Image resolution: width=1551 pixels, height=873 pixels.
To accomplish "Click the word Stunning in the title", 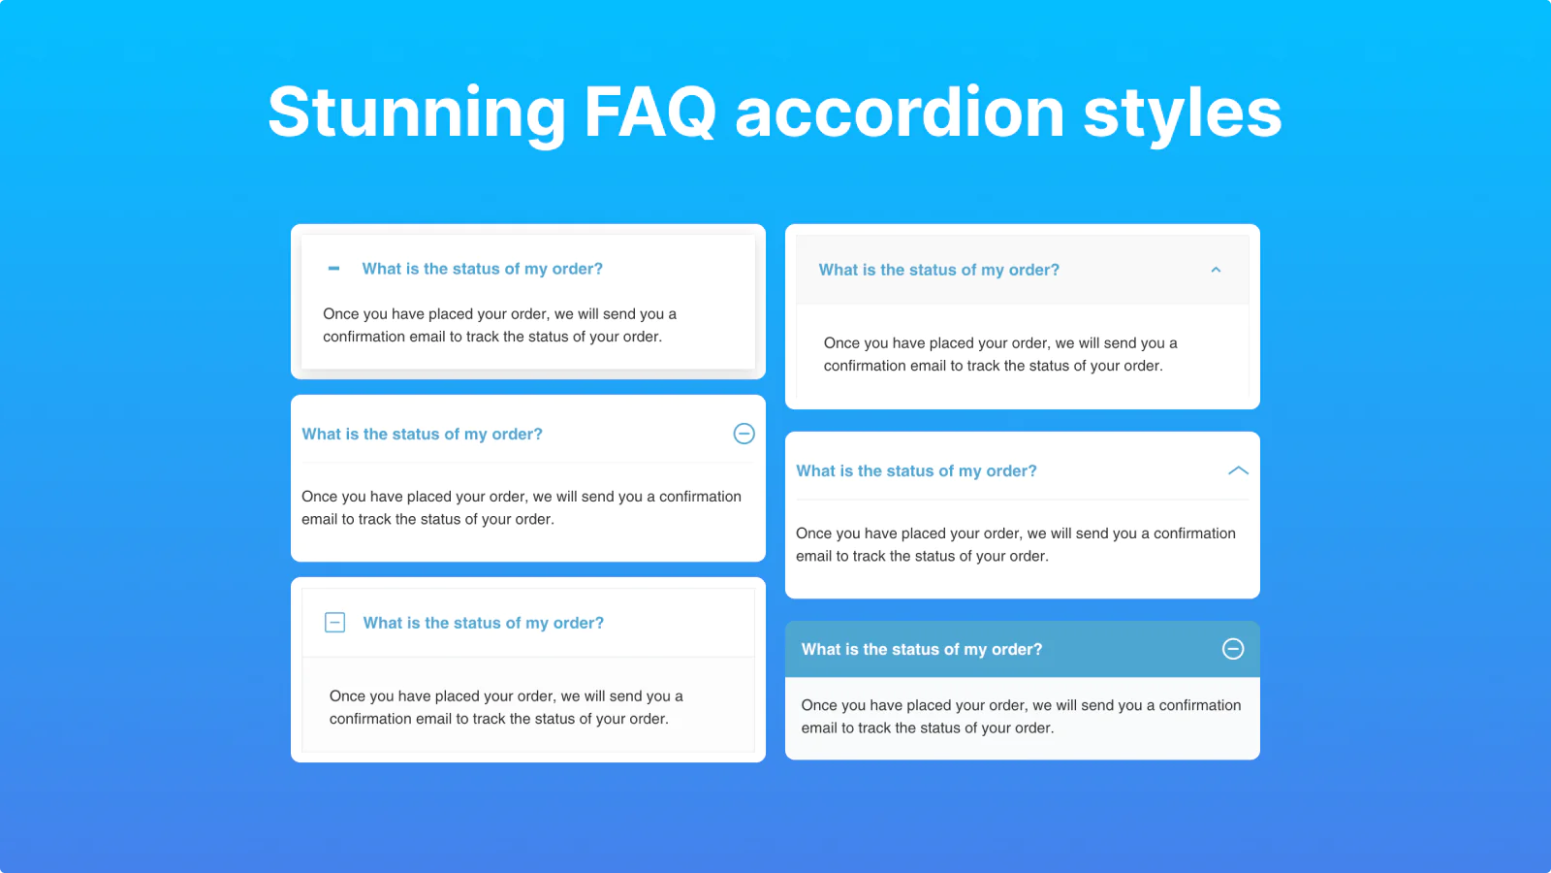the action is [417, 113].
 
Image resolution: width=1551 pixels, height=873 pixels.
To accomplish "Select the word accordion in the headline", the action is [900, 112].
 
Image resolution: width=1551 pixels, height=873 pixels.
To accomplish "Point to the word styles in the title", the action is [1183, 113].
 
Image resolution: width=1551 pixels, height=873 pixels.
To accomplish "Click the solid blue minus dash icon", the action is [333, 269].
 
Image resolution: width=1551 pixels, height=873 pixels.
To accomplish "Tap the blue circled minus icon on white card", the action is [744, 434].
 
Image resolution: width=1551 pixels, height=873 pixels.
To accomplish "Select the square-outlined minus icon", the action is [334, 622].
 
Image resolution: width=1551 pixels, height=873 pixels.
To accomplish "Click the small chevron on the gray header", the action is [1216, 270].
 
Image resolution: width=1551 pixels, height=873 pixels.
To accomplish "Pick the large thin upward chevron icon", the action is [1238, 471].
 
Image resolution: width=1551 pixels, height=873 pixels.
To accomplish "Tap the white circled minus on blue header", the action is [1232, 649].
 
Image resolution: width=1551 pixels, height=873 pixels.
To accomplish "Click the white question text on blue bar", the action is [922, 649].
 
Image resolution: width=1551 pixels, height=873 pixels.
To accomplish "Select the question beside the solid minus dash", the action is [482, 269].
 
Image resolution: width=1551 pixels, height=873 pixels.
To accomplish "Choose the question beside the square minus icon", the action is [484, 623].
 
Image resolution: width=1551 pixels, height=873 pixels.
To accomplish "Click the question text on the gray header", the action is [939, 270].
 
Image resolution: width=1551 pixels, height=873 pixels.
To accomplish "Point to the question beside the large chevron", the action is [916, 471].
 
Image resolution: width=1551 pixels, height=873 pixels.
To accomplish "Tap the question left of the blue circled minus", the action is [422, 434].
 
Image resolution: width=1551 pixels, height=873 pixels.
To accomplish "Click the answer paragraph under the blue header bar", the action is [1021, 717].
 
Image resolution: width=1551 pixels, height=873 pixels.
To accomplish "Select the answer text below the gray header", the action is [1000, 354].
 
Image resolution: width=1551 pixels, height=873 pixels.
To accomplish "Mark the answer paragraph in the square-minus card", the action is [506, 707].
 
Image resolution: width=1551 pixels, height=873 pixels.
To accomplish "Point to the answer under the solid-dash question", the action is [499, 325].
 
